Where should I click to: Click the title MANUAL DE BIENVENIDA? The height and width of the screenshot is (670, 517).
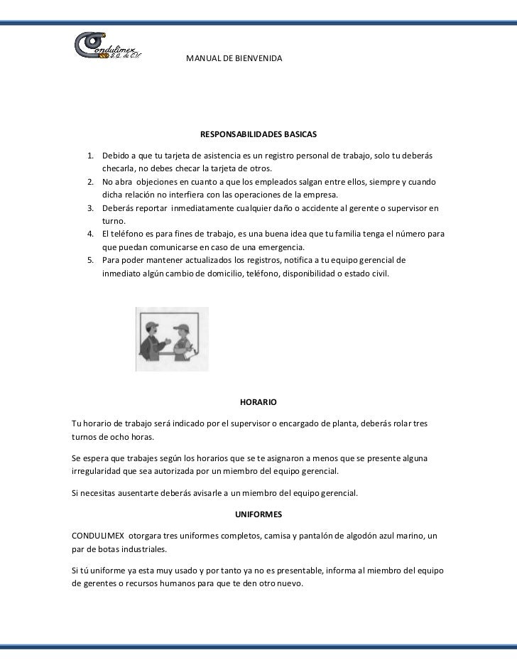pos(234,56)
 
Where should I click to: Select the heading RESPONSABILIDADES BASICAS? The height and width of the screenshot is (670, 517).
pos(258,134)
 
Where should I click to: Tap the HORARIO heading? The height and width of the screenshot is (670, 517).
pos(258,402)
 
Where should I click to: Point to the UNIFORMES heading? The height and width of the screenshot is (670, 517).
pos(258,514)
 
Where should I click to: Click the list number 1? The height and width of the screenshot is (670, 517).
pos(91,156)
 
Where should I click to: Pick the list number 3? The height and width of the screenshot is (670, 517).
pos(91,208)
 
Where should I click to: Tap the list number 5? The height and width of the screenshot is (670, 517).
pos(91,261)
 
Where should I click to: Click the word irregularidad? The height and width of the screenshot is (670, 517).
pos(99,471)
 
